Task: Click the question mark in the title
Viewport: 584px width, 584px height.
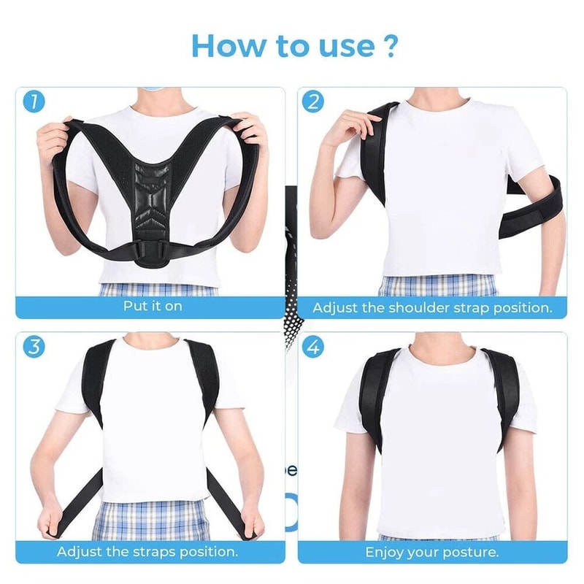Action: (x=389, y=45)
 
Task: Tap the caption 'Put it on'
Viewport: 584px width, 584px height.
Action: (x=152, y=306)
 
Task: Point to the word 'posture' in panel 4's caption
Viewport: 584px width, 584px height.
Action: (x=471, y=551)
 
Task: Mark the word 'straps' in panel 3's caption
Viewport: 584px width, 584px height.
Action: (x=155, y=551)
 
